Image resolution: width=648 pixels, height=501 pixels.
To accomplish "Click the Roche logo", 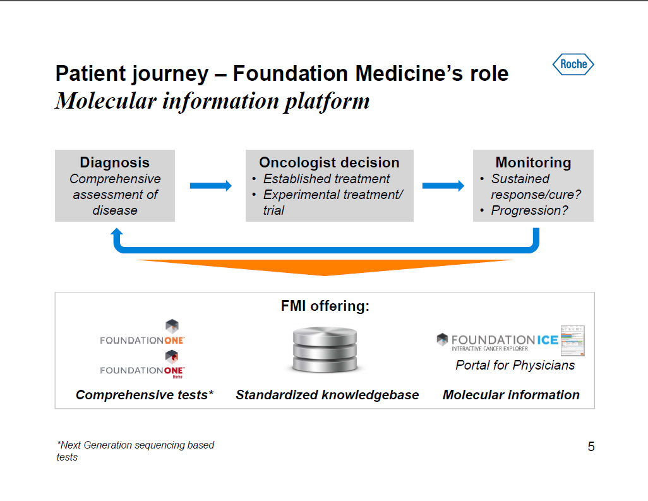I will tap(573, 64).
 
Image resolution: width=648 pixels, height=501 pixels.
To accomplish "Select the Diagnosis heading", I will tap(114, 162).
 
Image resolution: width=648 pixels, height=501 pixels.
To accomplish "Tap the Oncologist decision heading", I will tap(329, 162).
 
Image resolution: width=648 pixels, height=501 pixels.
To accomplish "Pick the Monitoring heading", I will tap(533, 162).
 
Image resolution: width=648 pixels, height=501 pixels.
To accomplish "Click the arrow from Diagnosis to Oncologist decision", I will tap(210, 186).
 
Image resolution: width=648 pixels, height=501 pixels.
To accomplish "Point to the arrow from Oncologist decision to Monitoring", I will tap(443, 186).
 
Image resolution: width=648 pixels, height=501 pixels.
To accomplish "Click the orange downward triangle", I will tap(325, 267).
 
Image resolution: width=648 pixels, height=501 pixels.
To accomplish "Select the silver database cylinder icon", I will tap(325, 351).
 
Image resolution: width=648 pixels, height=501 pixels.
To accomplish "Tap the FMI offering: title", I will tap(325, 306).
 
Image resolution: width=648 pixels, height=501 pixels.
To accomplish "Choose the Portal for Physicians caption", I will tap(515, 365).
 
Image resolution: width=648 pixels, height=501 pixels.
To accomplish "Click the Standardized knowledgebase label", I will tap(327, 395).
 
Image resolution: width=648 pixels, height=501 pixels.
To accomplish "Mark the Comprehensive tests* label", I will tap(145, 395).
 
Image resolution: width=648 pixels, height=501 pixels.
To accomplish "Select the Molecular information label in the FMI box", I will tap(511, 395).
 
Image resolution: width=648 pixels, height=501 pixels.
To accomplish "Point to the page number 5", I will tap(591, 447).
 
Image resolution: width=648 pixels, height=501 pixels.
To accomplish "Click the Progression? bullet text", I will tap(529, 210).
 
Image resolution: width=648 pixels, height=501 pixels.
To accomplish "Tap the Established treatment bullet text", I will tap(327, 179).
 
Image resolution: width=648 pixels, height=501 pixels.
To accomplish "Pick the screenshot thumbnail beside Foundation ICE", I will tap(573, 341).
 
